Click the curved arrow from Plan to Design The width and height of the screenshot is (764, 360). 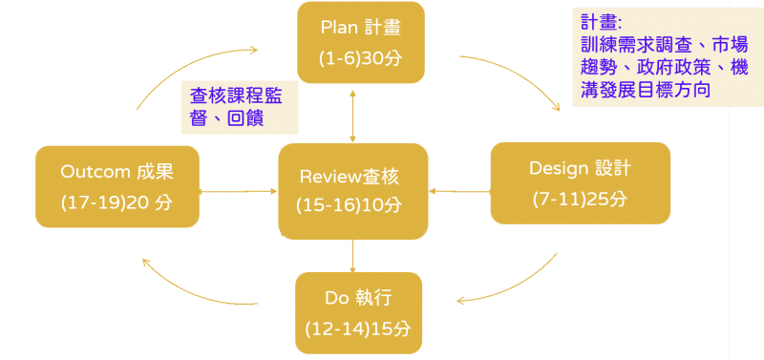tap(520, 76)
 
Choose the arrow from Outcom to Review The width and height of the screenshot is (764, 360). tap(239, 192)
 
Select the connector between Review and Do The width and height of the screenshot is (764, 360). tap(353, 255)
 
